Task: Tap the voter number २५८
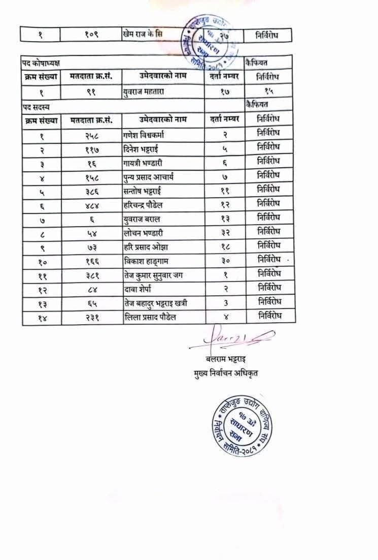pyautogui.click(x=91, y=135)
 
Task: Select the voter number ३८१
pyautogui.click(x=91, y=275)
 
